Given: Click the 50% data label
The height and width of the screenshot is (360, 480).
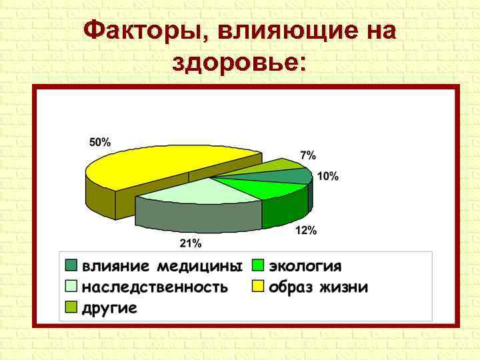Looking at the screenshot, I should point(100,142).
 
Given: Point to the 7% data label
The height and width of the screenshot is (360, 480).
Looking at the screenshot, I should point(307,155).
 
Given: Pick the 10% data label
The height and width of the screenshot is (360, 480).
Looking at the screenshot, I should point(327,177).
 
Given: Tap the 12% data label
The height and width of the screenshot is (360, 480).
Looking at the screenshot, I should point(306,231).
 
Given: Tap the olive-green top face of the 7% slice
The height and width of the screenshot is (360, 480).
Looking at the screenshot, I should point(280,164).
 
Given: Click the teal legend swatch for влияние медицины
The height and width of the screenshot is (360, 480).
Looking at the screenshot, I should point(71,265).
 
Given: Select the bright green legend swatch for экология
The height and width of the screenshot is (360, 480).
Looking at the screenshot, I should point(258,265).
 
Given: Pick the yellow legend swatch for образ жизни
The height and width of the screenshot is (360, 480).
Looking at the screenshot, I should point(258,287).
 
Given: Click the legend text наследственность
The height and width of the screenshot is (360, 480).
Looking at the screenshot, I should point(155,287).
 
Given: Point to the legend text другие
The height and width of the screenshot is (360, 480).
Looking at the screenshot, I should point(109,308).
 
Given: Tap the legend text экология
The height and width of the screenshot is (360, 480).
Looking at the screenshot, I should point(305,266).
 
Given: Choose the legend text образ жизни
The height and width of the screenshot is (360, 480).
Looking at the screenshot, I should point(318,287).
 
